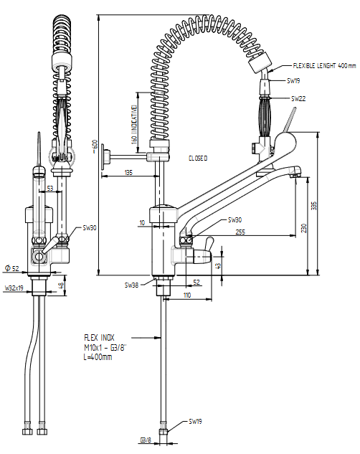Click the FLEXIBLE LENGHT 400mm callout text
click(x=324, y=66)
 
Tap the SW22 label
click(x=298, y=99)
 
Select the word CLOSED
click(x=198, y=159)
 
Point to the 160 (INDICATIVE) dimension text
click(x=134, y=125)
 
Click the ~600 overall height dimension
click(x=95, y=147)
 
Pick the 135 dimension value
click(x=128, y=173)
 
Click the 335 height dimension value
click(x=314, y=206)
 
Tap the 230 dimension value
click(x=303, y=228)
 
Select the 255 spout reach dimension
click(x=240, y=232)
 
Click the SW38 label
click(x=131, y=285)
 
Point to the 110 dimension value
click(x=187, y=295)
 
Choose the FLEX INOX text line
click(x=99, y=338)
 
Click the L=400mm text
click(x=98, y=357)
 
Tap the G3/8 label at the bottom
click(x=146, y=440)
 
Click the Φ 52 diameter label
click(x=12, y=268)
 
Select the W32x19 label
click(x=14, y=288)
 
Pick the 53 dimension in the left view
click(x=50, y=188)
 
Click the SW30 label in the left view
click(x=90, y=228)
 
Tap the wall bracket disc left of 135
click(x=104, y=157)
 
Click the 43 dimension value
click(x=219, y=266)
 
